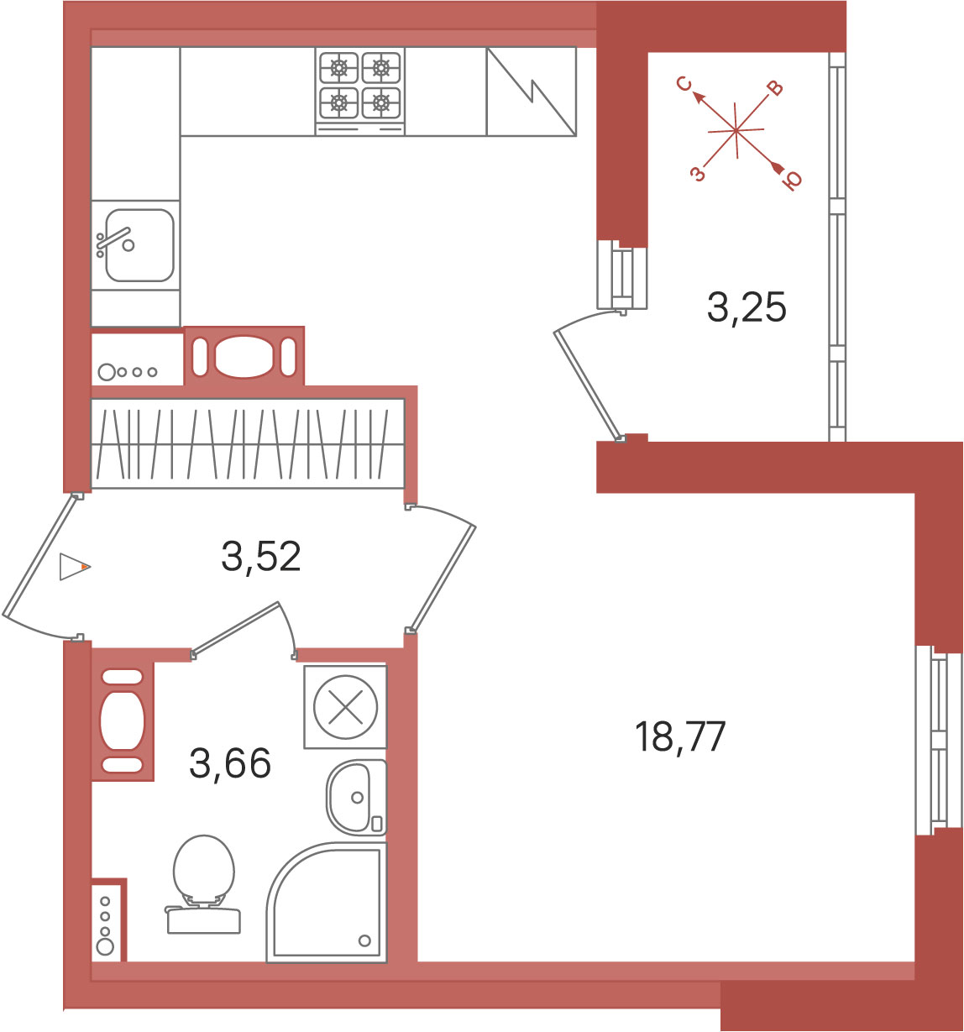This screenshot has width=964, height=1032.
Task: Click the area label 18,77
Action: pyautogui.click(x=679, y=736)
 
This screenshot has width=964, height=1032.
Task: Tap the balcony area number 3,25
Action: pyautogui.click(x=747, y=307)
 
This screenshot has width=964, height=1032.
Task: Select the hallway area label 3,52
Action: pyautogui.click(x=261, y=557)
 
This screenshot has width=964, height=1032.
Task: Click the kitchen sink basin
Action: pyautogui.click(x=139, y=244)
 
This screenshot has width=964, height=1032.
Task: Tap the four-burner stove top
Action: pyautogui.click(x=359, y=92)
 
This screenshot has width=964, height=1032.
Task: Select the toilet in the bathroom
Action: pyautogui.click(x=204, y=884)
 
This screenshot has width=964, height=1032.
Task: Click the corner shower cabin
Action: pyautogui.click(x=327, y=903)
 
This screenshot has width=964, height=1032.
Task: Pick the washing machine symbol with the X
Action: pyautogui.click(x=345, y=707)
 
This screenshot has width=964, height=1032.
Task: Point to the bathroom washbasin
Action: pyautogui.click(x=357, y=797)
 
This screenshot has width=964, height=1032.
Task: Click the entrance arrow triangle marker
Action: pyautogui.click(x=75, y=567)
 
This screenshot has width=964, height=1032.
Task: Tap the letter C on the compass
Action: pyautogui.click(x=684, y=84)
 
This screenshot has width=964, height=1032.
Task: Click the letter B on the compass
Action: pyautogui.click(x=775, y=89)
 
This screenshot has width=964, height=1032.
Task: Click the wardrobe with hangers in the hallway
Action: pyautogui.click(x=248, y=443)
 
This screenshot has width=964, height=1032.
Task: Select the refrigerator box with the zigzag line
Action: pyautogui.click(x=531, y=92)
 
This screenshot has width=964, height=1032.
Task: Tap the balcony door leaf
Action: pyautogui.click(x=587, y=385)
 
